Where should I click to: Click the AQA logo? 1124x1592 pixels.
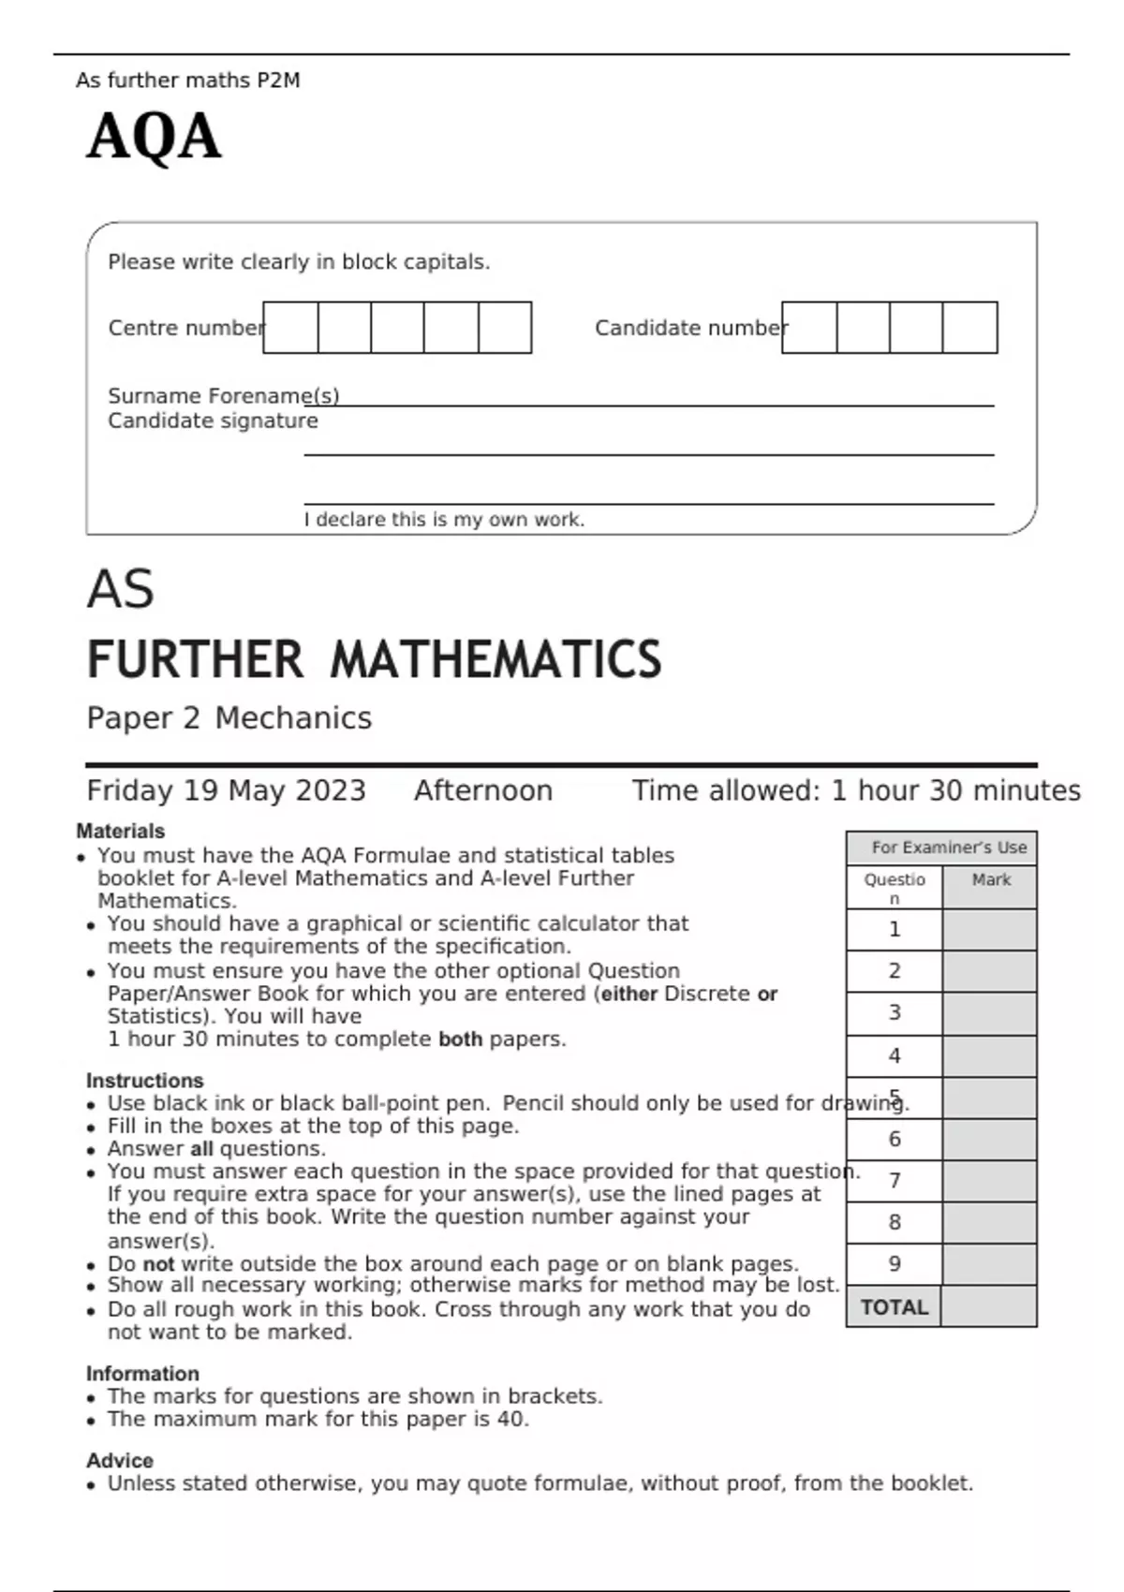[x=154, y=137]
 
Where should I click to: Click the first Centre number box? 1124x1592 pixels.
[x=290, y=328]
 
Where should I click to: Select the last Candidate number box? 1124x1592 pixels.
[x=969, y=328]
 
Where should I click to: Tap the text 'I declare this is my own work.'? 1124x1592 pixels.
[x=444, y=520]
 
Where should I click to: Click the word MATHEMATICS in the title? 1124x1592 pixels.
[x=495, y=659]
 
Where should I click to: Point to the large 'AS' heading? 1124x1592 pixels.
[x=120, y=590]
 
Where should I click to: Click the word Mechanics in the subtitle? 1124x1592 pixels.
[x=293, y=718]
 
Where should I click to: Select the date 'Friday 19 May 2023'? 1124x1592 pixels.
[x=226, y=790]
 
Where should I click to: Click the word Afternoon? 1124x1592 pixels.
[x=483, y=790]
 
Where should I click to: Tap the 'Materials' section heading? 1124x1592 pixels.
[x=120, y=831]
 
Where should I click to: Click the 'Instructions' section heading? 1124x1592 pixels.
[x=144, y=1080]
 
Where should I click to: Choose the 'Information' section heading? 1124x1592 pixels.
[x=142, y=1373]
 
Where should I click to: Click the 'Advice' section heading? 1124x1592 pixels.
[x=120, y=1460]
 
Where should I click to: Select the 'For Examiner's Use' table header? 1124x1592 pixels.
[x=948, y=848]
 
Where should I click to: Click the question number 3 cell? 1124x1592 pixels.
[x=895, y=1012]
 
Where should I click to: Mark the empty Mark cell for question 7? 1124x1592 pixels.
[x=989, y=1181]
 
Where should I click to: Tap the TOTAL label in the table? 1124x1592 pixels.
[x=895, y=1307]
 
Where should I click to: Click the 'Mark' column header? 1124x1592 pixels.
[x=991, y=880]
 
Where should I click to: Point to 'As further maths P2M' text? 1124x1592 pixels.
[x=188, y=81]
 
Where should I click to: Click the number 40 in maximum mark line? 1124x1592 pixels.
[x=511, y=1419]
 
